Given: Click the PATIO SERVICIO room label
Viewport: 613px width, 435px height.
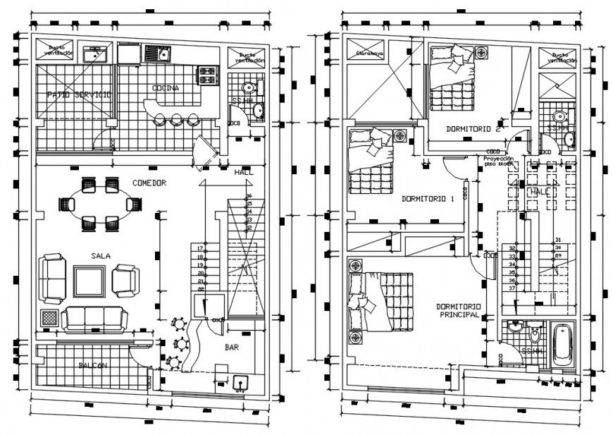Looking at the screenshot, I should tap(78, 94).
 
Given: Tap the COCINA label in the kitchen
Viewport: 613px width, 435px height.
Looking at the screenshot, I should tap(165, 88).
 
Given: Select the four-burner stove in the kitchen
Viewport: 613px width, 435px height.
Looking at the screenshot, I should tap(209, 71).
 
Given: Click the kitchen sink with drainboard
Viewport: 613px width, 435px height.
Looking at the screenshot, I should tap(159, 53).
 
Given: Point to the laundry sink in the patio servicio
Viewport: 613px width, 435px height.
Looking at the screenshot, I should tap(94, 53).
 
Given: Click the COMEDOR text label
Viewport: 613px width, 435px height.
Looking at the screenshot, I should tap(149, 183).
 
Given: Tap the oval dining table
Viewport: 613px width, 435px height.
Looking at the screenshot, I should tap(99, 204).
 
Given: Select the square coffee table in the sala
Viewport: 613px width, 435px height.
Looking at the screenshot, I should tap(89, 281).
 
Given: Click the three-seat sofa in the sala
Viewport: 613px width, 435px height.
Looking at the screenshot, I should tap(94, 319).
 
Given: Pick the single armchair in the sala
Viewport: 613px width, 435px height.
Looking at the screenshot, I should tap(127, 278).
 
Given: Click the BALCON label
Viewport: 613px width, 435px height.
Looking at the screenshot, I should tap(93, 364).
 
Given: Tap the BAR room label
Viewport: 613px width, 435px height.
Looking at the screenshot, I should tap(232, 348).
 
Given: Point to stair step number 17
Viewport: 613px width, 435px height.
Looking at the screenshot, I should tap(200, 249).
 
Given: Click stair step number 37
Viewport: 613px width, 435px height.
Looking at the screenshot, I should tap(512, 288).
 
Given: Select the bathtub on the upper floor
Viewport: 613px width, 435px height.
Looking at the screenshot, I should tap(562, 345).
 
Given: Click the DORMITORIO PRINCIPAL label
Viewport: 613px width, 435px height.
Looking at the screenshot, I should tap(458, 311).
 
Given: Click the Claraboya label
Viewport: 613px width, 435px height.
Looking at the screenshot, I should tap(369, 53).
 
